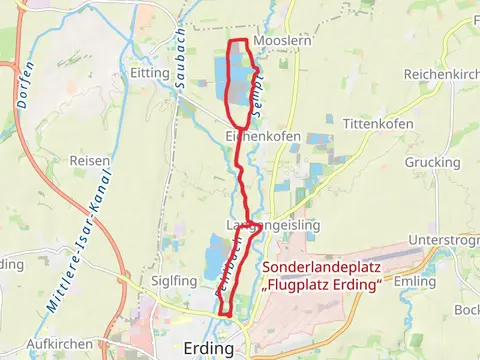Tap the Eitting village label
(149, 73)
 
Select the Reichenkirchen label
(442, 75)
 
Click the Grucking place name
(432, 162)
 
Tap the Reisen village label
(89, 160)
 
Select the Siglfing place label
(173, 281)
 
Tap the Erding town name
(209, 348)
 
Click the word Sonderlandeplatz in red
(323, 268)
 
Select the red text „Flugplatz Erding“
(323, 286)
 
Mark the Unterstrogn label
(447, 241)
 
